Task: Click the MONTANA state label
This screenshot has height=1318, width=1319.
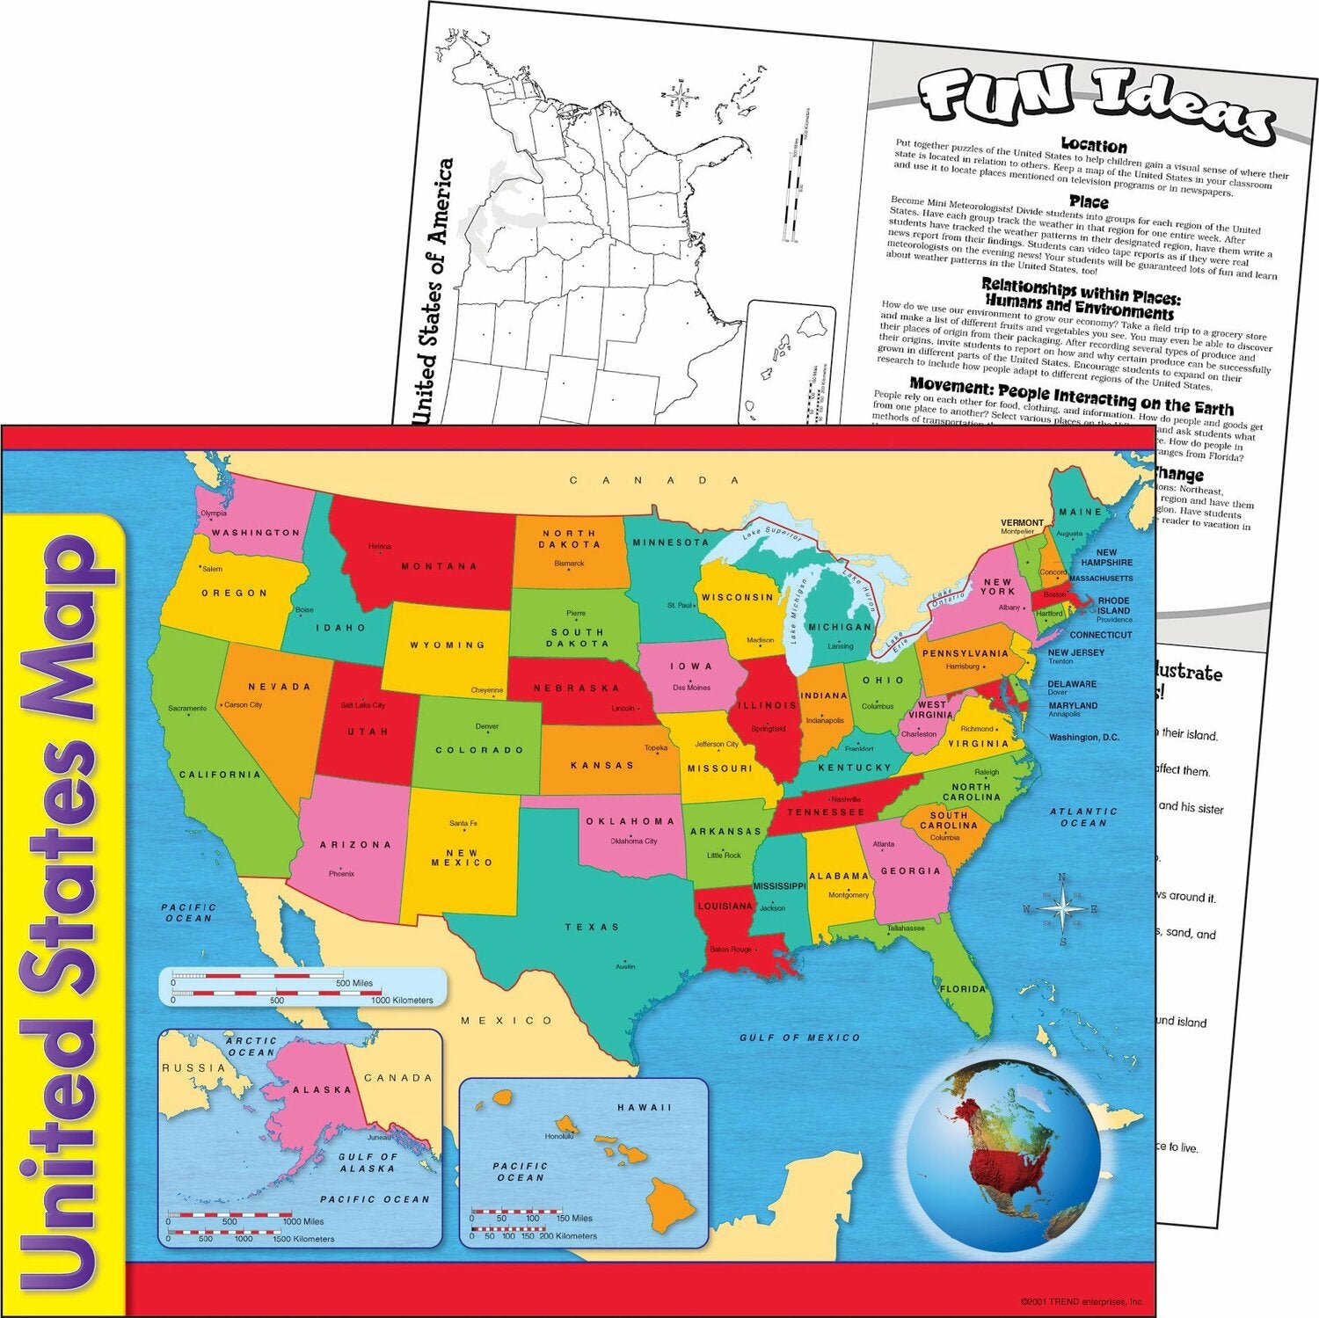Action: [439, 566]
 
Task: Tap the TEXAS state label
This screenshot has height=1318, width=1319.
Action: [592, 927]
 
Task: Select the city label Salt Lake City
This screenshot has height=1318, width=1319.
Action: [362, 705]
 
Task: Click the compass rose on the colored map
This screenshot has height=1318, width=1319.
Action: [1062, 909]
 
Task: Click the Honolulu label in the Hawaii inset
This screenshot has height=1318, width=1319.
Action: [558, 1136]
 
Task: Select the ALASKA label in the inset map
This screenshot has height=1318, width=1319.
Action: [322, 1090]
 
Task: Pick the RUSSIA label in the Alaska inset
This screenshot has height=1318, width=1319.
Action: [193, 1068]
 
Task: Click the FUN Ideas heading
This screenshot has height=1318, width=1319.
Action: [1095, 101]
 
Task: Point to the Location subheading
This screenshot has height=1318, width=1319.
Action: [1093, 145]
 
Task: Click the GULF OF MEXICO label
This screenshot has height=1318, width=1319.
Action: [799, 1038]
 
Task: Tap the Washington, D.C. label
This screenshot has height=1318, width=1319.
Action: [1083, 738]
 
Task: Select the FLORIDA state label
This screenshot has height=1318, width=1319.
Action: [963, 989]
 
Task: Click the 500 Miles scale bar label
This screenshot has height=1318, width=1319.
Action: [353, 983]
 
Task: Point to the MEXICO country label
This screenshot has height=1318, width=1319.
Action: [506, 1021]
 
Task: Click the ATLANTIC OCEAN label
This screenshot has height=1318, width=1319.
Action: [1082, 817]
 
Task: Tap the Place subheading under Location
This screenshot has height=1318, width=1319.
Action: [1088, 202]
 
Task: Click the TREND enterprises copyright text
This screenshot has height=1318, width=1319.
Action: [1081, 1301]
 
